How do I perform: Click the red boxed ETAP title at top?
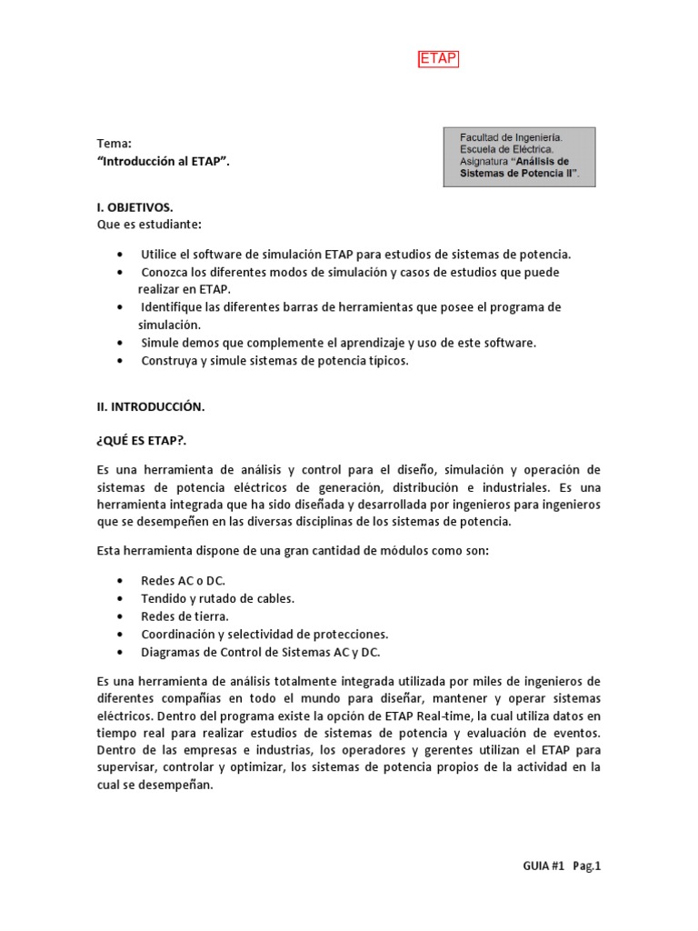(438, 60)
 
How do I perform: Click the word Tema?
(114, 144)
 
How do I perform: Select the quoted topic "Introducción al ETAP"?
(163, 162)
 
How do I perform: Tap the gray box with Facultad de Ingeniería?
(519, 156)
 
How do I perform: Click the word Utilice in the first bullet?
(160, 254)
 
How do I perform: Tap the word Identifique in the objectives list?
(174, 307)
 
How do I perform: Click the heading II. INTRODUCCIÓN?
(150, 407)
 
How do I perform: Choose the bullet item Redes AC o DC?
(183, 581)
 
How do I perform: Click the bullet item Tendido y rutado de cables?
(217, 598)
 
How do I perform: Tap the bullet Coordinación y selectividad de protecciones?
(264, 634)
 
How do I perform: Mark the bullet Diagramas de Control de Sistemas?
(260, 652)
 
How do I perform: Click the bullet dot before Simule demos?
(122, 344)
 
